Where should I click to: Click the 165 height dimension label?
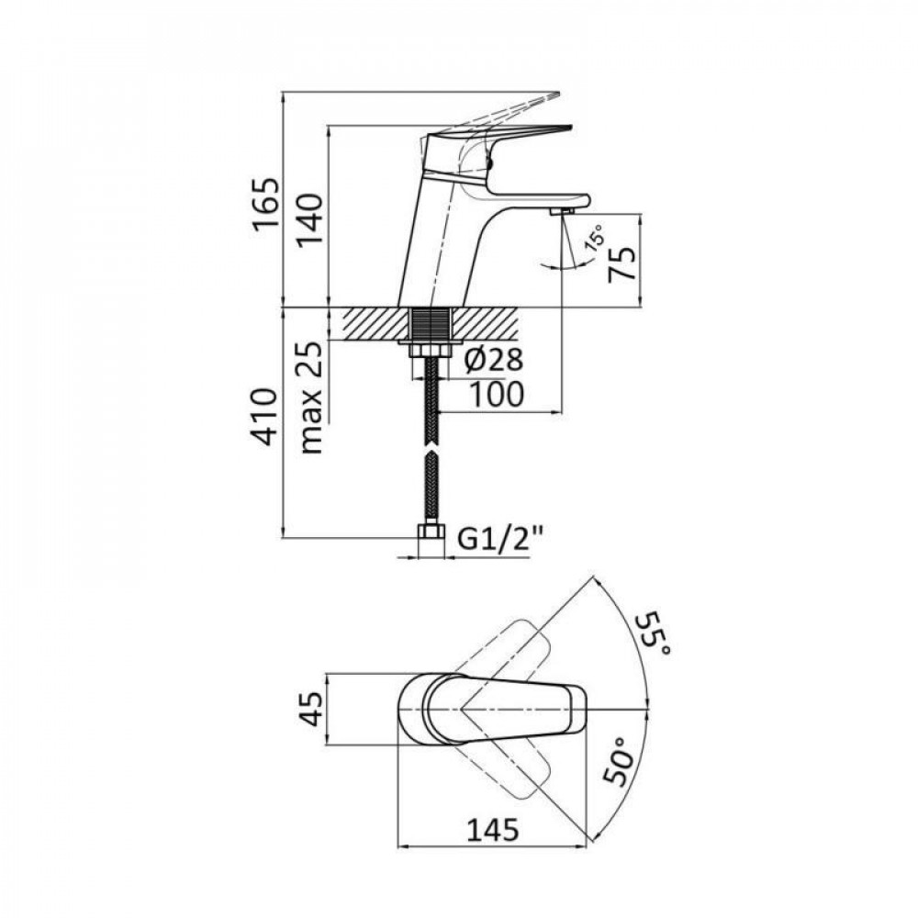coord(265,207)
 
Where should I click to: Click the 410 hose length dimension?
coord(265,418)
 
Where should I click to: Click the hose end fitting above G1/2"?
coord(428,532)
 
